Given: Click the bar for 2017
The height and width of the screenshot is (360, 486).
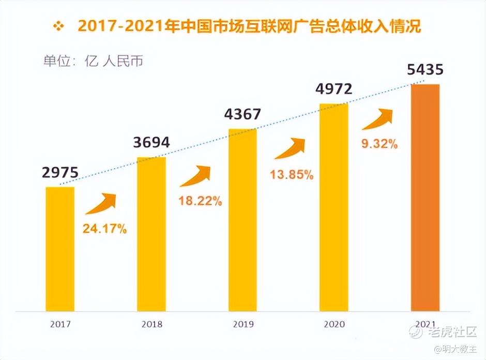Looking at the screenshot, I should (60, 249).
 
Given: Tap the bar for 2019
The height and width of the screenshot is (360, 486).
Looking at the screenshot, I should (242, 220).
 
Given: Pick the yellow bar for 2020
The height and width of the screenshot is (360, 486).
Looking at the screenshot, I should (333, 207).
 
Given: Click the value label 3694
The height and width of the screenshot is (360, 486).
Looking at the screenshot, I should (151, 142).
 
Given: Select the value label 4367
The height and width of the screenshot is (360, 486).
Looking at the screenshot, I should (242, 114).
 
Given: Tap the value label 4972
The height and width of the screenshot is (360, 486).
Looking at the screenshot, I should (333, 88).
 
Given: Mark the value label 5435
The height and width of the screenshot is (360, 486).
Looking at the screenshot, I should (425, 69).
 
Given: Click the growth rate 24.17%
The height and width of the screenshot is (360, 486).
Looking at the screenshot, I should (105, 229).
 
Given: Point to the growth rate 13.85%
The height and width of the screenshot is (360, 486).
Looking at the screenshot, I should (292, 174).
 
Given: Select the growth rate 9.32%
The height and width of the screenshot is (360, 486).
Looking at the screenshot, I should (379, 144).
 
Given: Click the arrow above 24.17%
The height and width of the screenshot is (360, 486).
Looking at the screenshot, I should (101, 204).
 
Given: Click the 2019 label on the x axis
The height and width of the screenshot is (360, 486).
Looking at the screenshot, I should (242, 325).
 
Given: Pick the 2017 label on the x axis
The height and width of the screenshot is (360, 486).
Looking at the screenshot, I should (60, 325).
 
